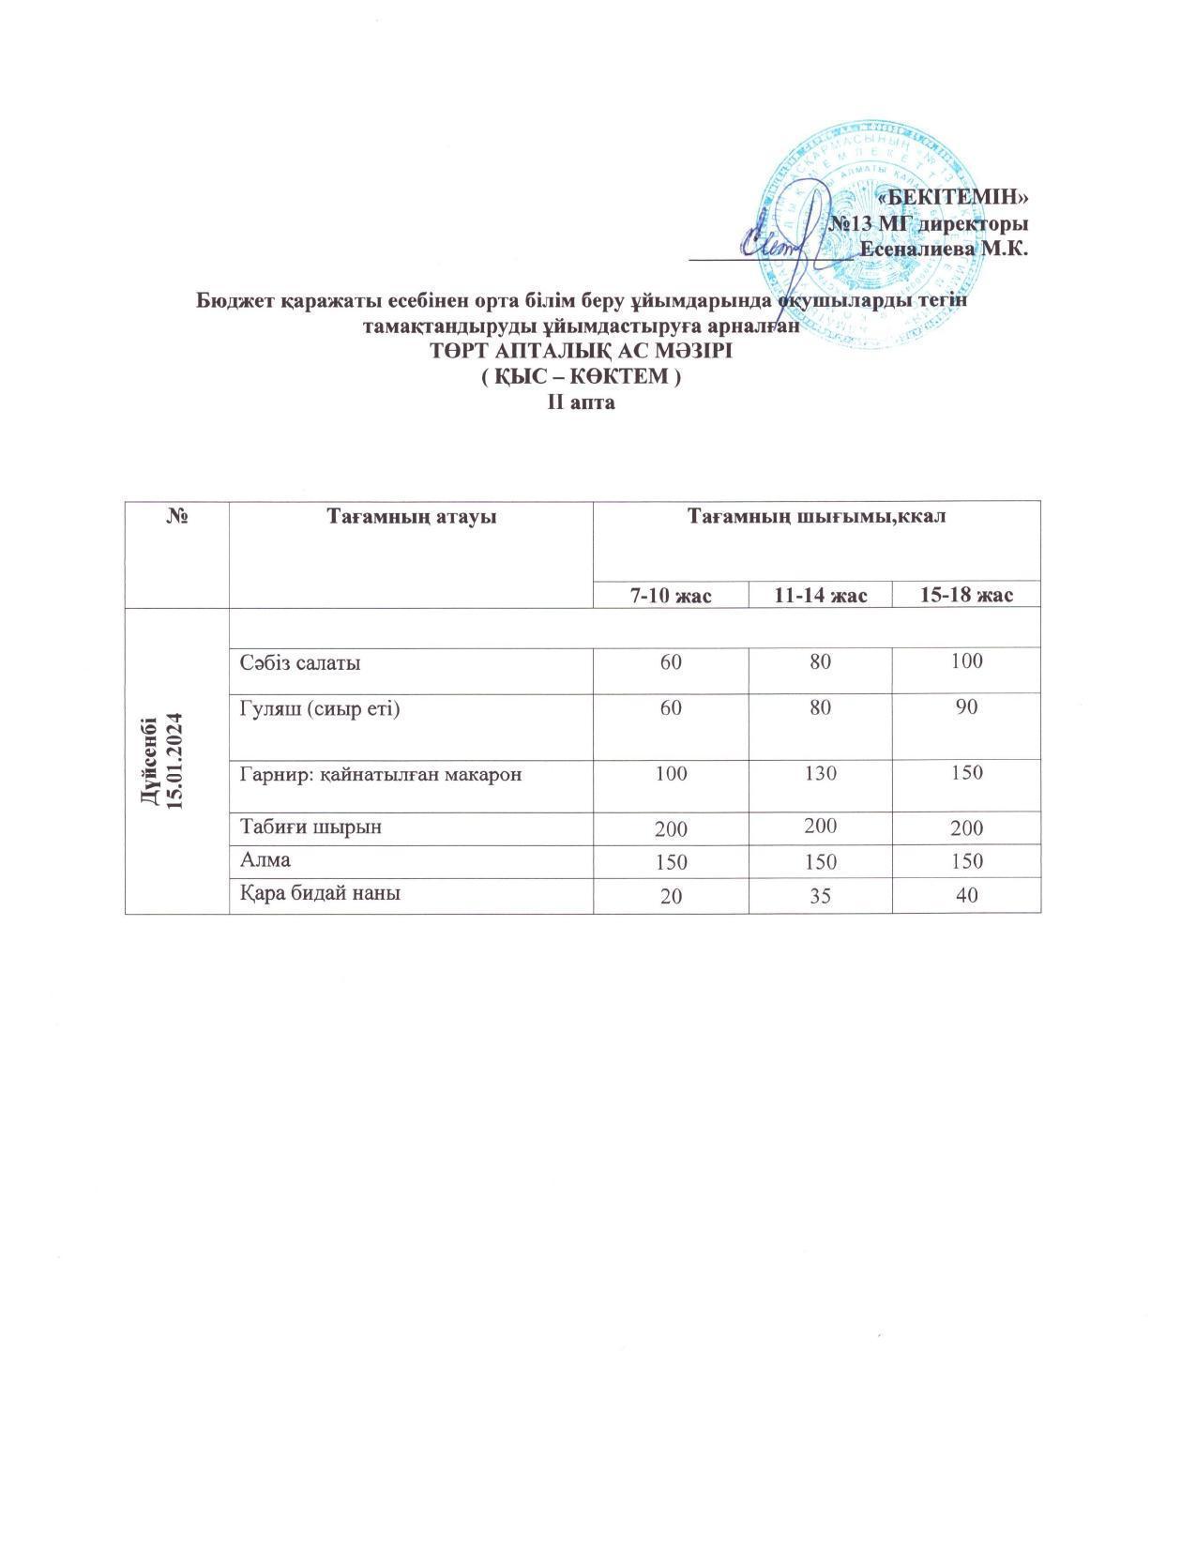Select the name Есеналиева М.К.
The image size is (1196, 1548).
(x=945, y=250)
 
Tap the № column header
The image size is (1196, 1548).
(x=176, y=517)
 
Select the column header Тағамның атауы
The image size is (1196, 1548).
(x=411, y=517)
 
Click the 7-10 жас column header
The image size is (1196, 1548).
(x=671, y=595)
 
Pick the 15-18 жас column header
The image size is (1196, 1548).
(x=965, y=595)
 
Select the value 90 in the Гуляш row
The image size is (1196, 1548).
(x=965, y=706)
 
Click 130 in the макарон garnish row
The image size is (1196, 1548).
(x=820, y=773)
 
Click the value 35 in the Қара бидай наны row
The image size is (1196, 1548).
(x=820, y=894)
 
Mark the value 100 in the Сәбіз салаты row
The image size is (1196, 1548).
(x=965, y=660)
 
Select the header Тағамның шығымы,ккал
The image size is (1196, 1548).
(x=816, y=517)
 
